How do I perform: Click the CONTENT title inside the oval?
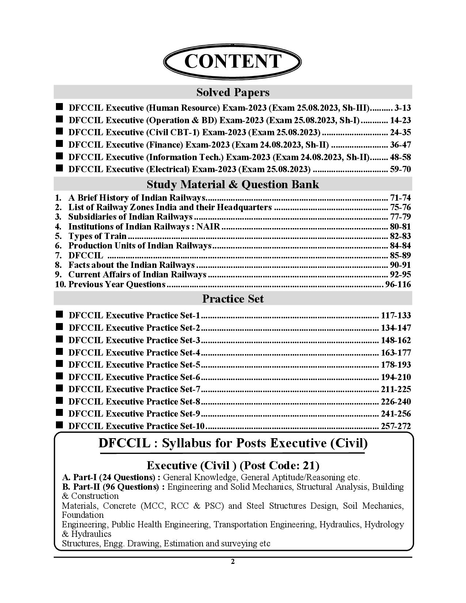[233, 61]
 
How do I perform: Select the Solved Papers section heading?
[233, 92]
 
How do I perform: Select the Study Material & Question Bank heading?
[233, 184]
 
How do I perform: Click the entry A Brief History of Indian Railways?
[137, 198]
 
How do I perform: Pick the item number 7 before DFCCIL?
[58, 255]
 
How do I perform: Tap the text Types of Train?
[97, 236]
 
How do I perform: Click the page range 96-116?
[398, 284]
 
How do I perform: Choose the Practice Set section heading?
[233, 299]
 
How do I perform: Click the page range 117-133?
[396, 315]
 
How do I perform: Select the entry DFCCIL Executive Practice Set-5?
[135, 365]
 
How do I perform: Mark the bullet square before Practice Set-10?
[59, 425]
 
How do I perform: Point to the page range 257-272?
[396, 426]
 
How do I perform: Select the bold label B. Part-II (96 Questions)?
[113, 487]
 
